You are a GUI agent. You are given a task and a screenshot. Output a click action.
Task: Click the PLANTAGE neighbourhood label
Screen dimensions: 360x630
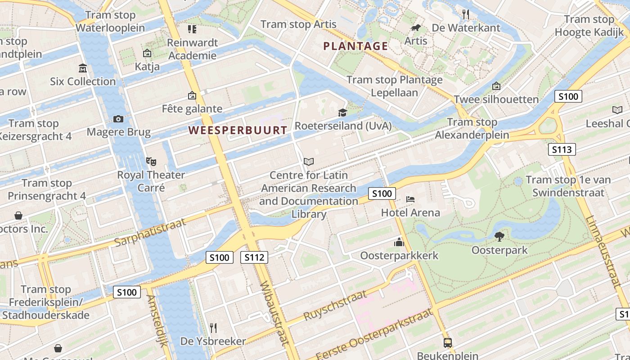coord(355,46)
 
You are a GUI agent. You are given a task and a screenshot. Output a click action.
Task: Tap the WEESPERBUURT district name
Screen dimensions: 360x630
coord(238,130)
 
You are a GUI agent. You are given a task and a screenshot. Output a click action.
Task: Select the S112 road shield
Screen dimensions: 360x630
coord(254,257)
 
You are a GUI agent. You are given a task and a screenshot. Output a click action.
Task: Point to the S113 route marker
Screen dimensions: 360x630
coord(562,149)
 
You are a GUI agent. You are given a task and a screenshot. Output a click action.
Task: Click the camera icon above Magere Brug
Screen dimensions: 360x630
coord(118,119)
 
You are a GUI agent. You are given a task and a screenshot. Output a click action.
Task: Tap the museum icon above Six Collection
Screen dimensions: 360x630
coord(83,68)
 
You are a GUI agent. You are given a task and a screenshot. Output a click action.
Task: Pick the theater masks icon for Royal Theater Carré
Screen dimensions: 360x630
coord(151,161)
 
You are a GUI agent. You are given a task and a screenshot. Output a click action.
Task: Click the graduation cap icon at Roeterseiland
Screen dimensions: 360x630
coord(342,112)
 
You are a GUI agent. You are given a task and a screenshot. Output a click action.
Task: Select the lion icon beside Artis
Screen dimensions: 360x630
coord(416,28)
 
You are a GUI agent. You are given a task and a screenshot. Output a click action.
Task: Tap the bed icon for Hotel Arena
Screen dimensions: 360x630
coord(410,199)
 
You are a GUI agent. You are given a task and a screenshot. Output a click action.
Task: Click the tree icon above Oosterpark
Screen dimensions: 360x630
coord(499,236)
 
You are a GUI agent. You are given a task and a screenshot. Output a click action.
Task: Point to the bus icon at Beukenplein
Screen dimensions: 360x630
coord(447,343)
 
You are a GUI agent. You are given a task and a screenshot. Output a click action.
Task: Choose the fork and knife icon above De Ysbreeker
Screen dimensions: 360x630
coord(213,328)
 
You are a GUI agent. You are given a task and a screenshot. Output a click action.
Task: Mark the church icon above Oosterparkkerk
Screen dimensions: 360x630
coord(399,243)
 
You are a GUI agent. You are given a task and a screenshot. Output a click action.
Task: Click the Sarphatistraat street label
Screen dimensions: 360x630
coord(150,232)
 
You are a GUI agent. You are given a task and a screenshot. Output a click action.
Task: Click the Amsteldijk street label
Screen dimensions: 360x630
coord(157,321)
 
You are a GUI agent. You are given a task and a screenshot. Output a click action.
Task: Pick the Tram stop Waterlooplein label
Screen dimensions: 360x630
coord(110,21)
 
